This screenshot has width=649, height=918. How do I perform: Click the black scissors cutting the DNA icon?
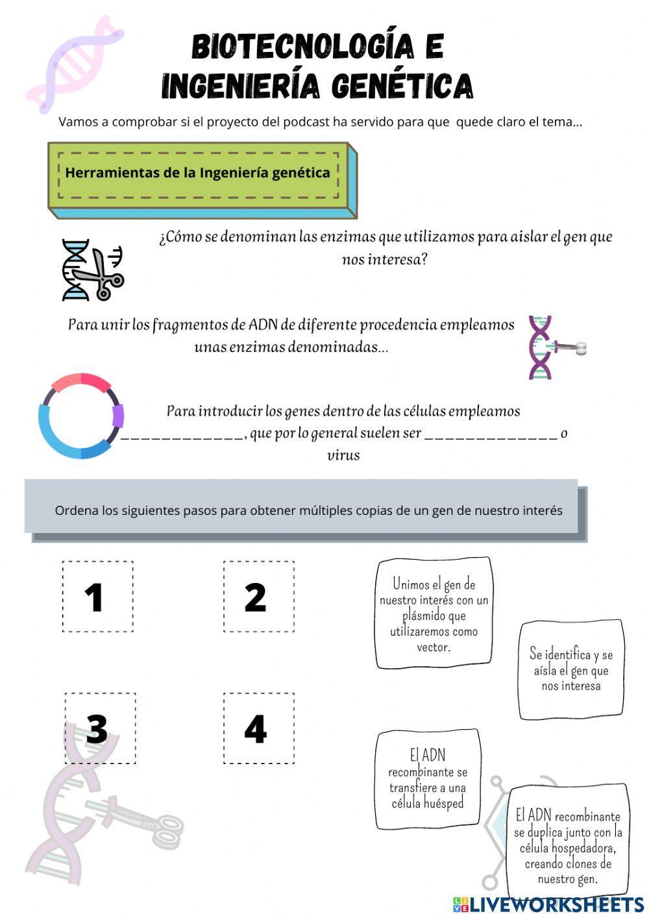[x=93, y=270]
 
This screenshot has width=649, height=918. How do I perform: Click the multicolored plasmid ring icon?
[x=81, y=416]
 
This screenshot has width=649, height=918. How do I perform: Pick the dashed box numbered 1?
[x=97, y=597]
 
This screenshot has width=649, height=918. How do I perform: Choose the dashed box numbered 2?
[x=258, y=597]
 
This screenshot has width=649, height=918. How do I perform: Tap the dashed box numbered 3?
[x=100, y=728]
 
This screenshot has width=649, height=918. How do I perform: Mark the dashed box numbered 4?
[x=258, y=728]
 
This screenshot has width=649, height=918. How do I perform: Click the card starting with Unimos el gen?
[x=434, y=614]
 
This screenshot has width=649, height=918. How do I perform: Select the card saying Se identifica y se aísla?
[x=571, y=670]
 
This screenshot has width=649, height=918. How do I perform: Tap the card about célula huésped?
[x=428, y=779]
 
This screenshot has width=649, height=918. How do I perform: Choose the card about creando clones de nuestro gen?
[x=568, y=840]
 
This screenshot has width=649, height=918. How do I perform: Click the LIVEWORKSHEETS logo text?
[x=556, y=903]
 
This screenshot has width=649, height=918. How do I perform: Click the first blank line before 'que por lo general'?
[x=182, y=436]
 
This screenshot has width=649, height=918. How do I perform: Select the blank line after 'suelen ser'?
[x=491, y=436]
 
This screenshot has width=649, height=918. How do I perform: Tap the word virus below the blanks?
[x=343, y=455]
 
